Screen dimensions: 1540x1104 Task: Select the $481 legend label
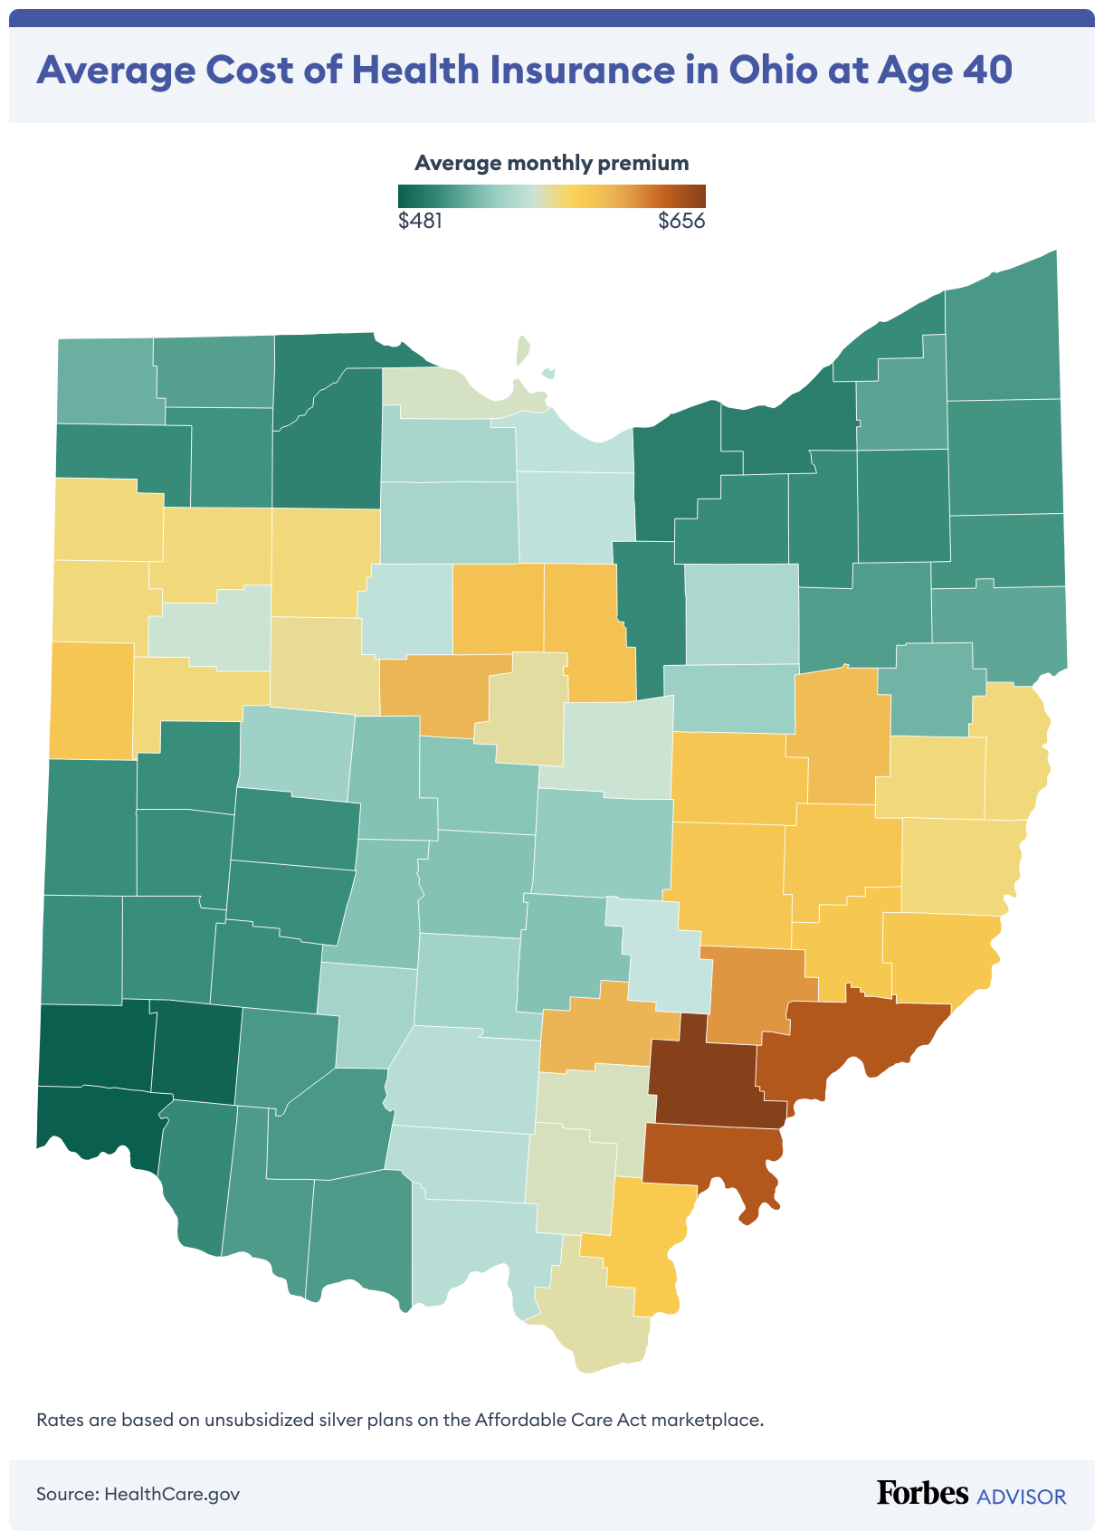coord(420,221)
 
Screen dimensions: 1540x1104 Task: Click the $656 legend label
coord(681,221)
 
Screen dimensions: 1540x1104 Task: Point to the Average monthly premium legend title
coord(551,163)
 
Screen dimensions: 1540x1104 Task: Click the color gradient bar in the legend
coord(551,196)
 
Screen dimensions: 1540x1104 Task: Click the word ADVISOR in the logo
coord(1022,1496)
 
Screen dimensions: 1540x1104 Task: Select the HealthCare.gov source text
coord(172,1493)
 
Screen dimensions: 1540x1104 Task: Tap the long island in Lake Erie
coord(522,350)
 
